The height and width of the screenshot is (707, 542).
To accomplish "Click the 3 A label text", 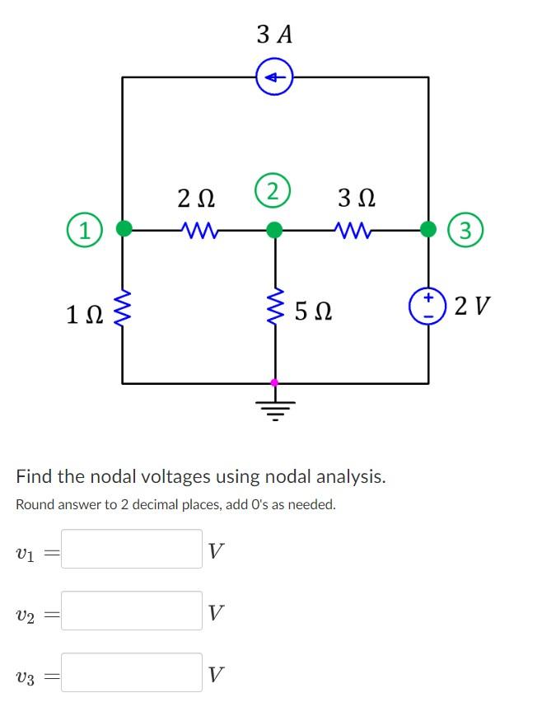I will pyautogui.click(x=274, y=34).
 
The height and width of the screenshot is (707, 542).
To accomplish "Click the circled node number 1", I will pyautogui.click(x=84, y=229).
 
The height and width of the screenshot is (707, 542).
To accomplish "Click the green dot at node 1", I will pyautogui.click(x=124, y=228).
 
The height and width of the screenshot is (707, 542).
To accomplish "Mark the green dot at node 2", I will pyautogui.click(x=274, y=228).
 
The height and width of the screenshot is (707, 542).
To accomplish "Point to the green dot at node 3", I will pyautogui.click(x=428, y=228).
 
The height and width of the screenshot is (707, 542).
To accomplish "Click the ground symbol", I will pyautogui.click(x=274, y=405).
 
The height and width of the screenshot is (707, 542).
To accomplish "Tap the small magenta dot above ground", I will pyautogui.click(x=274, y=383).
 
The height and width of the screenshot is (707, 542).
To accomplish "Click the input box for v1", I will pyautogui.click(x=132, y=549).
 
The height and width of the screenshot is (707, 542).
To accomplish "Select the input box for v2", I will pyautogui.click(x=132, y=611).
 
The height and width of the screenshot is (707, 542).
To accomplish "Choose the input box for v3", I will pyautogui.click(x=132, y=672).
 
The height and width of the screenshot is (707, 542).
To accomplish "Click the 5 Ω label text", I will pyautogui.click(x=312, y=311).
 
